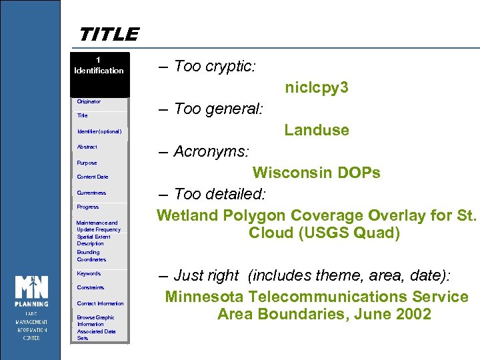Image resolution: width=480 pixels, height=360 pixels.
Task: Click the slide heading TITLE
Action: tap(109, 34)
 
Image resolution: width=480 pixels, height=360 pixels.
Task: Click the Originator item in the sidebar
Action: tap(89, 101)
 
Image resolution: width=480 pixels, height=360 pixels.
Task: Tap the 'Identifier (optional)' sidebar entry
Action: tap(99, 131)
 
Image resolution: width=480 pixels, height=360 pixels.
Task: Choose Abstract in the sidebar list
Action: tap(87, 147)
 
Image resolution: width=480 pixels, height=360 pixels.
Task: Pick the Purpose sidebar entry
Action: tap(87, 163)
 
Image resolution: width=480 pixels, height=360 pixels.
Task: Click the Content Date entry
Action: tap(93, 177)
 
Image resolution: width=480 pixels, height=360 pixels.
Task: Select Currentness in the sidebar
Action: tap(91, 193)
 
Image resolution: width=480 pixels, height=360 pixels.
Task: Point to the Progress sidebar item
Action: tap(88, 207)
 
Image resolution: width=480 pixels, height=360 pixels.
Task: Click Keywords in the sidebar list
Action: tap(89, 273)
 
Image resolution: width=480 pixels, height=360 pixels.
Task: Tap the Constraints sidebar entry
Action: tap(91, 287)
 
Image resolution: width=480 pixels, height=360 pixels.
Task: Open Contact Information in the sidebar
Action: tap(100, 303)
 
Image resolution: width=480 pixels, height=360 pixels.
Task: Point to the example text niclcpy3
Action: tap(317, 88)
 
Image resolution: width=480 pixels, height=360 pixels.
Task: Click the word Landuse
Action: tap(317, 130)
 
